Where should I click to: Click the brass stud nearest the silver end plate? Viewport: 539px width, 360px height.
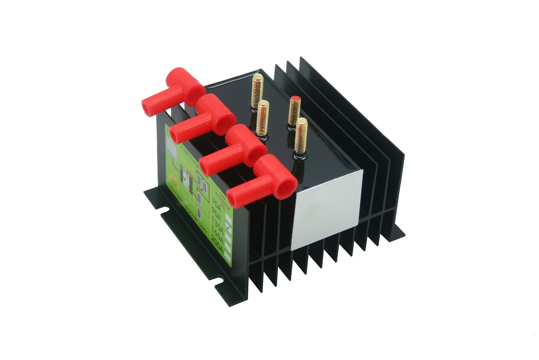301,136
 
